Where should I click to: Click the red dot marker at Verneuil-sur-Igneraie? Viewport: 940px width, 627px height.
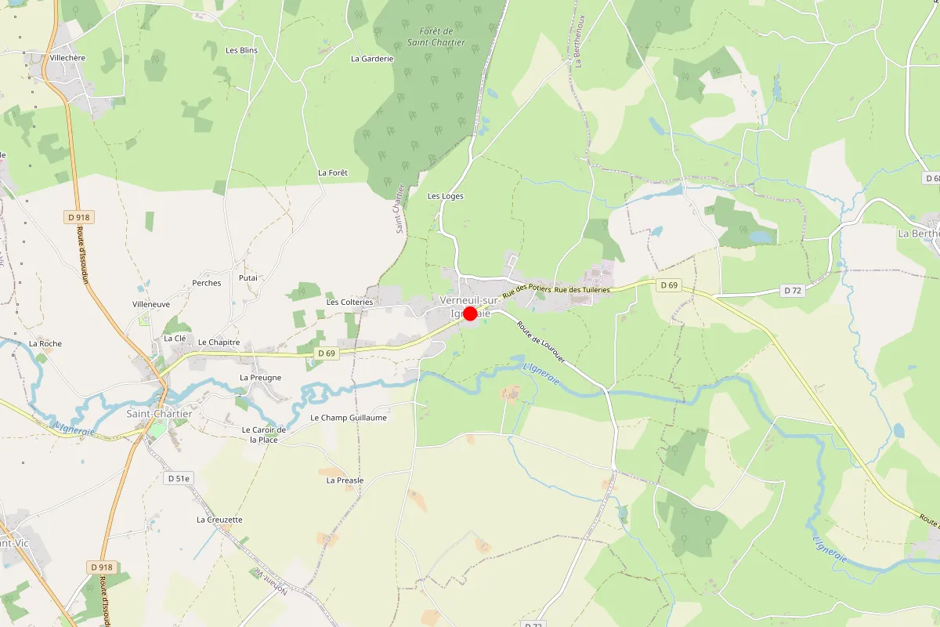(470, 313)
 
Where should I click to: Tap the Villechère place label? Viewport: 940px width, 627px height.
(67, 58)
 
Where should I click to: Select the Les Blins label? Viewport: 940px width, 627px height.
(241, 50)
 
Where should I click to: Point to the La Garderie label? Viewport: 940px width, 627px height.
(372, 58)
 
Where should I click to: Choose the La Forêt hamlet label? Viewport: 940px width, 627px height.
(332, 172)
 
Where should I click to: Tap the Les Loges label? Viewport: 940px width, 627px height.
(445, 196)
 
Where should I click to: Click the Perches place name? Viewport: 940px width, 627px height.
(207, 283)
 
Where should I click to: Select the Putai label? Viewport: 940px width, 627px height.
(248, 277)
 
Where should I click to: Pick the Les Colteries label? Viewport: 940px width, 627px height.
(349, 302)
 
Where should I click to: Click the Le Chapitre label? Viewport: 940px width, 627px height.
(219, 342)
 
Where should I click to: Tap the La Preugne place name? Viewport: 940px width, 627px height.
(260, 377)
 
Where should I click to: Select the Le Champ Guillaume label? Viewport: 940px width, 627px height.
(349, 418)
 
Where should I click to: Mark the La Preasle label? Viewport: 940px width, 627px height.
(345, 480)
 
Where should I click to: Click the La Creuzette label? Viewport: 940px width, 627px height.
(219, 519)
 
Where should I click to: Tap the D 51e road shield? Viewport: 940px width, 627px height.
(179, 477)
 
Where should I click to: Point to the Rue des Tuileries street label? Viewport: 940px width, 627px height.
(582, 290)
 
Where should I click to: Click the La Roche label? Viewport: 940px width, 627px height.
(45, 343)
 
